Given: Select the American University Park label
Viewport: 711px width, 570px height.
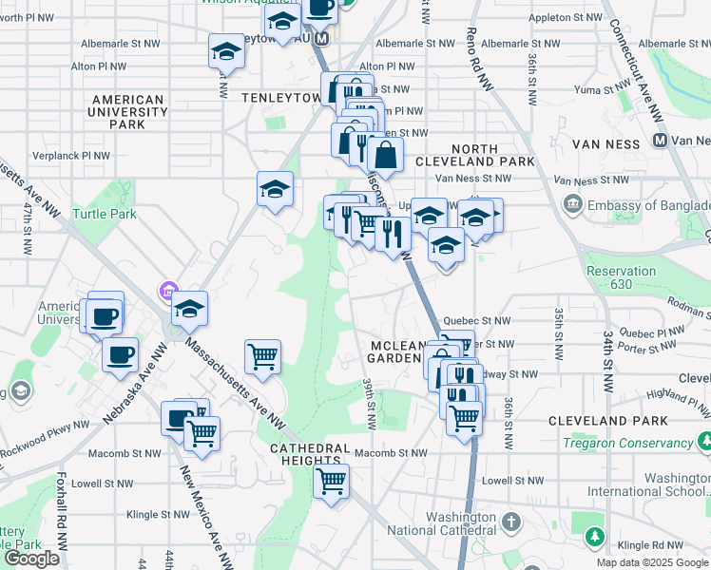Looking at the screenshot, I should (x=127, y=111).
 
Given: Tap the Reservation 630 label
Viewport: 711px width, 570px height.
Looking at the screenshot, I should (x=621, y=277).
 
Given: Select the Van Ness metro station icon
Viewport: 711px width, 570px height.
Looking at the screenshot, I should (x=659, y=140).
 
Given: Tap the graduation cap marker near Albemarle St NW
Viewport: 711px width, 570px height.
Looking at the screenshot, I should (x=226, y=49).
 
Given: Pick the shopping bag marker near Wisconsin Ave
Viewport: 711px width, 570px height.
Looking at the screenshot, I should (x=385, y=153).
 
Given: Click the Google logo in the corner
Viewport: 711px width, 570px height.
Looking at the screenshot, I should (x=31, y=559).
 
